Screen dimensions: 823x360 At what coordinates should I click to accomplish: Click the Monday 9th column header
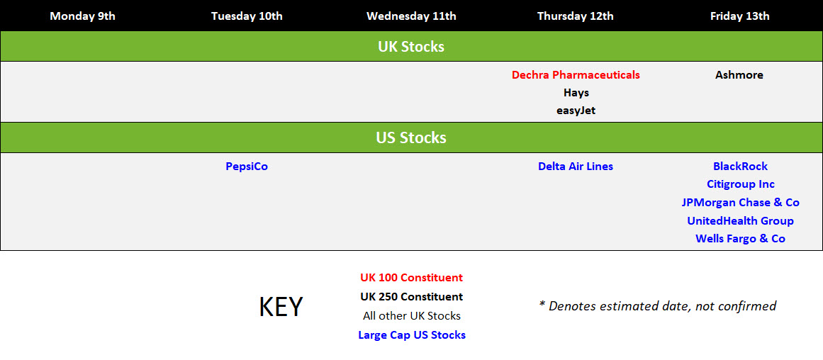coord(82,16)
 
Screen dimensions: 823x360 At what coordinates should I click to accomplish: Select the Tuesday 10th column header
coord(247,16)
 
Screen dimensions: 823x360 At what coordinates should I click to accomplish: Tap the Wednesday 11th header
coord(411,16)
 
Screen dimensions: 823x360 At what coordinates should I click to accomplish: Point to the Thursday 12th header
coord(576,16)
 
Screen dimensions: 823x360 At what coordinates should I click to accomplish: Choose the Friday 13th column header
coord(739,16)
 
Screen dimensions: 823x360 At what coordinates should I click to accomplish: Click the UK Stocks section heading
coord(411,47)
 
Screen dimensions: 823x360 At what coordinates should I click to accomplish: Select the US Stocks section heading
coord(411,137)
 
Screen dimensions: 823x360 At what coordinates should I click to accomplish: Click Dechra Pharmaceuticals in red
coord(576,75)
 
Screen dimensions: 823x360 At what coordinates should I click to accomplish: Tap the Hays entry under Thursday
coord(576,93)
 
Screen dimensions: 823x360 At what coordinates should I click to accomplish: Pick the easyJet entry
coord(576,111)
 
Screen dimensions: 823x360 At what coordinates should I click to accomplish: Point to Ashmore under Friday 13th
coord(739,75)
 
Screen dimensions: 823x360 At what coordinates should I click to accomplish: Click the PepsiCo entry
coord(247,167)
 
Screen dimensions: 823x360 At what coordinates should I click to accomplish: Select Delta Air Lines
coord(576,167)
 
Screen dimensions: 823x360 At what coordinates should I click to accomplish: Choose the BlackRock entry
coord(740,167)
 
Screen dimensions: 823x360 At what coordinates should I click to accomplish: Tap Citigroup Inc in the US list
coord(740,184)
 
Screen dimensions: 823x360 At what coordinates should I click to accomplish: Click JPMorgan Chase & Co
coord(740,203)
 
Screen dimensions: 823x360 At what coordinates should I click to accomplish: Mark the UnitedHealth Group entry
coord(740,221)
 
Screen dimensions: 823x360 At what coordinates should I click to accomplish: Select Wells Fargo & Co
coord(740,239)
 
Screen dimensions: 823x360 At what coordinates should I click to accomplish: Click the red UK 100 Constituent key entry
coord(411,278)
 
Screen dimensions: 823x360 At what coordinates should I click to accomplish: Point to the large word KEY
coord(281,307)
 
